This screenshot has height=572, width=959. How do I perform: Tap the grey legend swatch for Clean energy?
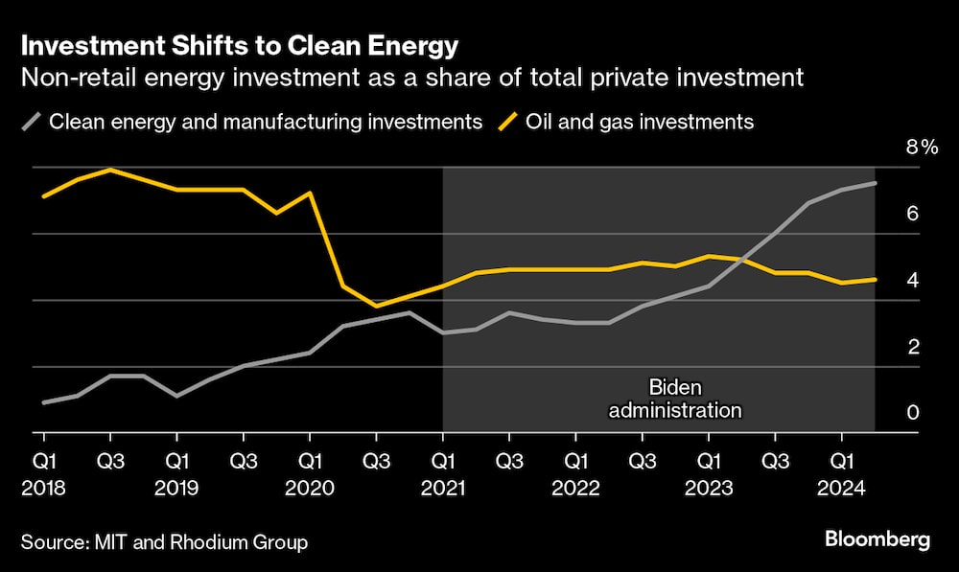[32, 122]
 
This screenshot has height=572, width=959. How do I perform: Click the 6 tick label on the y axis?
[913, 213]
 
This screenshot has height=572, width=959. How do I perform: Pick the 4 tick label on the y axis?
[913, 280]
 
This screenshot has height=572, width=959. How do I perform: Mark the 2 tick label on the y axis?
[913, 347]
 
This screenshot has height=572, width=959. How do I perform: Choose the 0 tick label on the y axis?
[913, 413]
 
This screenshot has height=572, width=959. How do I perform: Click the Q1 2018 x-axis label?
[43, 474]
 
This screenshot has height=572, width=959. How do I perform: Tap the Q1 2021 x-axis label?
[442, 474]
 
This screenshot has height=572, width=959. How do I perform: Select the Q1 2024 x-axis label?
[842, 474]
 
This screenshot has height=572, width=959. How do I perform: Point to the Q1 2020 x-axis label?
[310, 474]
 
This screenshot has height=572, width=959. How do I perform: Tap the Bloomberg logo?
[877, 540]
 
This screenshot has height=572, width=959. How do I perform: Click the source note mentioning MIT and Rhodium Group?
[165, 543]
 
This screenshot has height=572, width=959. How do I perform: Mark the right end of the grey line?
[875, 183]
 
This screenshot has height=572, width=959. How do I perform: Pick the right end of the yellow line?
[875, 280]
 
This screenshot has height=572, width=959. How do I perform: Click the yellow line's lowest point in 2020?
[377, 306]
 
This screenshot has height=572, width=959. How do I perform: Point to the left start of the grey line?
[44, 402]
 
